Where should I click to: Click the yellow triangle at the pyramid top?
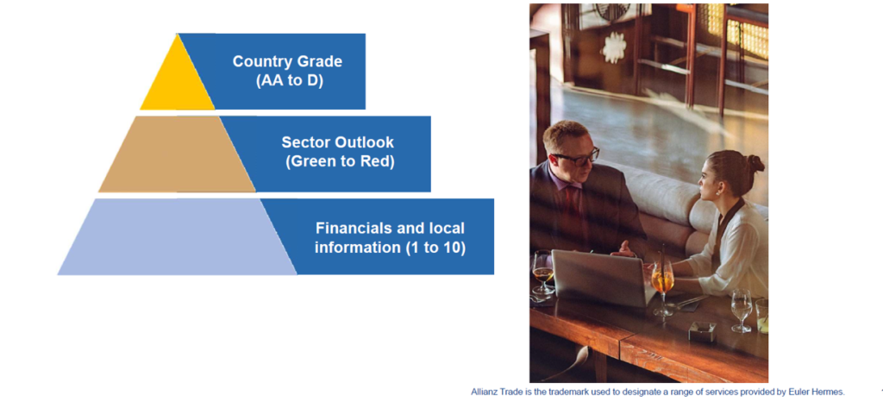[x=177, y=82]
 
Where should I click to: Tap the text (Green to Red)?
[x=340, y=161]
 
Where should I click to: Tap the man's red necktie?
[x=573, y=203]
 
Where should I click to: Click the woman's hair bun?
[x=755, y=163]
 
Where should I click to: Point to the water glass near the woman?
[x=741, y=310]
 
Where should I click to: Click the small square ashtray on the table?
[x=702, y=331]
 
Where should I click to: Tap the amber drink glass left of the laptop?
[x=543, y=274]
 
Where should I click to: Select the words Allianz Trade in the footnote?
[x=492, y=392]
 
